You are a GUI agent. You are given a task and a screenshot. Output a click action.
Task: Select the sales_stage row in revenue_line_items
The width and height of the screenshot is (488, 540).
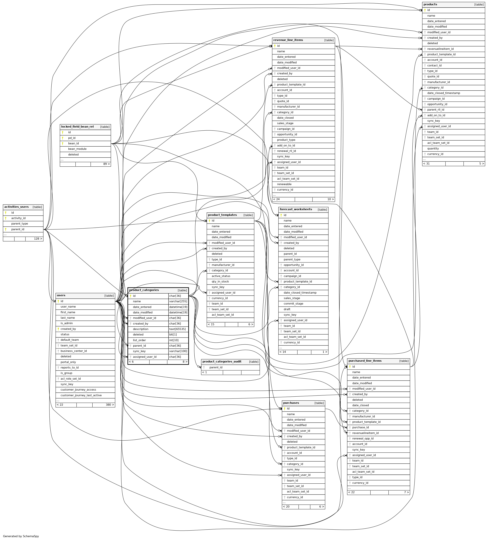pyautogui.click(x=285, y=123)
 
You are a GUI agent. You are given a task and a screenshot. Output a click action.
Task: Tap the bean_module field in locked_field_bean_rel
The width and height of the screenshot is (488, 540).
pyautogui.click(x=77, y=149)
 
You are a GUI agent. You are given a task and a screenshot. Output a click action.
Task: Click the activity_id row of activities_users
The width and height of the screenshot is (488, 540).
pyautogui.click(x=18, y=218)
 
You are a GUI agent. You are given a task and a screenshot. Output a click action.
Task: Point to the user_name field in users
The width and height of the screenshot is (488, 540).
pyautogui.click(x=68, y=307)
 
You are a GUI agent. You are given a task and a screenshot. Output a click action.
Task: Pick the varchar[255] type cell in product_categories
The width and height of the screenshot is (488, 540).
pyautogui.click(x=178, y=302)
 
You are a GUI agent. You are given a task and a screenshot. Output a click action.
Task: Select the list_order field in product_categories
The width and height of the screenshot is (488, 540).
pyautogui.click(x=139, y=340)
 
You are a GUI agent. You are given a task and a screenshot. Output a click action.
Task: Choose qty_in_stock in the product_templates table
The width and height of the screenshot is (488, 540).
pyautogui.click(x=220, y=282)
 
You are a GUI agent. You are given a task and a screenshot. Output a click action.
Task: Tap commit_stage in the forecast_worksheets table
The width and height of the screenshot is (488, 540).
pyautogui.click(x=293, y=304)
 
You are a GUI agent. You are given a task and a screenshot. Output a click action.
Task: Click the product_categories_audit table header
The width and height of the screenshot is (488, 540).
pyautogui.click(x=222, y=362)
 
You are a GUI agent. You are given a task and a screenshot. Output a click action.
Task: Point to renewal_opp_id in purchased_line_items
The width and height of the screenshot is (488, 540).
pyautogui.click(x=363, y=438)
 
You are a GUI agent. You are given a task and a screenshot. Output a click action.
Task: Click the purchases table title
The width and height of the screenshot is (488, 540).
pyautogui.click(x=291, y=403)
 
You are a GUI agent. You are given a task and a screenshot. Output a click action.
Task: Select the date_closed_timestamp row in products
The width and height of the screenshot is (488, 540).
pyautogui.click(x=443, y=93)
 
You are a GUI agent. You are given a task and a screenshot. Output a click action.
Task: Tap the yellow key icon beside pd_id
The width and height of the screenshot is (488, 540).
pyautogui.click(x=63, y=138)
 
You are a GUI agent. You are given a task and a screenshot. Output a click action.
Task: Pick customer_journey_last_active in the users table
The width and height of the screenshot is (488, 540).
pyautogui.click(x=81, y=395)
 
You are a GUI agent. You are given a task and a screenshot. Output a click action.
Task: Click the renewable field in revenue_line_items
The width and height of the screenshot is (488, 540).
pyautogui.click(x=284, y=184)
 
